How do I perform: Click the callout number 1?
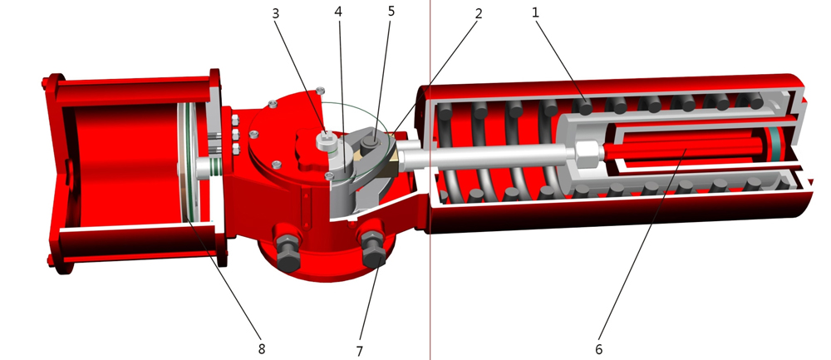tap(535, 12)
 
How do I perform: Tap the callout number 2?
tap(479, 14)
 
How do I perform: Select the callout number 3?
tap(276, 14)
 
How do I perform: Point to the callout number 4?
tap(338, 12)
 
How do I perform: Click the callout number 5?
tap(391, 11)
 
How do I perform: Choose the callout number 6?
tap(599, 349)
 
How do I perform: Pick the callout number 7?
tap(359, 351)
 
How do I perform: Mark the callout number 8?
tap(261, 349)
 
